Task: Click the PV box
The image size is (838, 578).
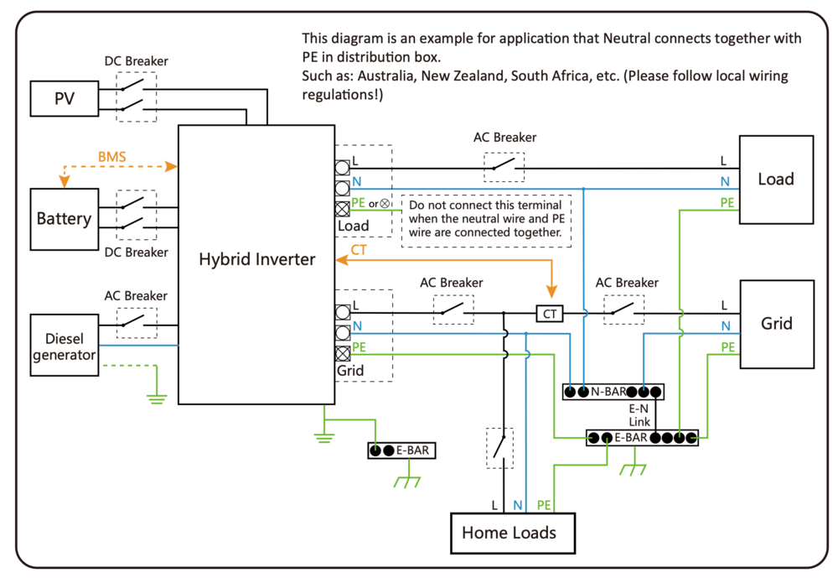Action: point(64,99)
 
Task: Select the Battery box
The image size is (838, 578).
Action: point(64,219)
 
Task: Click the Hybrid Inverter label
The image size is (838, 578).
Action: point(256,259)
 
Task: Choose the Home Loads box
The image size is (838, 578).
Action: point(509,532)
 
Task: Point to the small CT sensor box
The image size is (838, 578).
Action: point(550,314)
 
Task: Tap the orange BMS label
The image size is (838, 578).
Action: point(112,156)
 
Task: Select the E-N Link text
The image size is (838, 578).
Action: point(639,414)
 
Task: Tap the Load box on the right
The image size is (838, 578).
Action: point(775,179)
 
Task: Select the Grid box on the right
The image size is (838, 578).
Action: point(776,323)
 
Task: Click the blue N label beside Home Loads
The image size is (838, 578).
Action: point(518,505)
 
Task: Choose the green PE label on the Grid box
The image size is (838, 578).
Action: point(727,346)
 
